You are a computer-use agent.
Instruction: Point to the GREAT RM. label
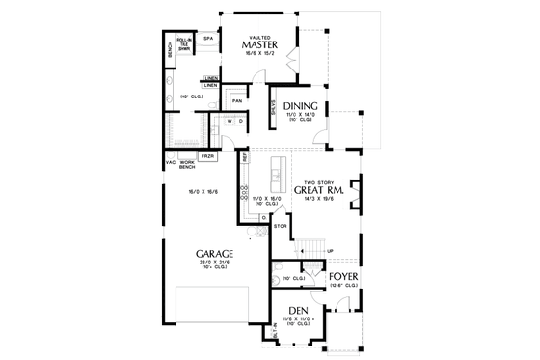pos(323,191)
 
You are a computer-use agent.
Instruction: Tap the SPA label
pos(207,38)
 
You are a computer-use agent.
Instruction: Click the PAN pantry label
pos(236,99)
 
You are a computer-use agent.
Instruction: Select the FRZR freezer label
pos(207,154)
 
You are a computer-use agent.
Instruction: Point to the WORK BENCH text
pos(188,165)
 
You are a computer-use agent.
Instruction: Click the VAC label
pos(170,162)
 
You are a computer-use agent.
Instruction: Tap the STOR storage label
pos(281,226)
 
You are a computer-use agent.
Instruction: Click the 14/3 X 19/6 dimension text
pos(323,202)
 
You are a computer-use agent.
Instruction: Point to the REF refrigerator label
pos(245,155)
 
